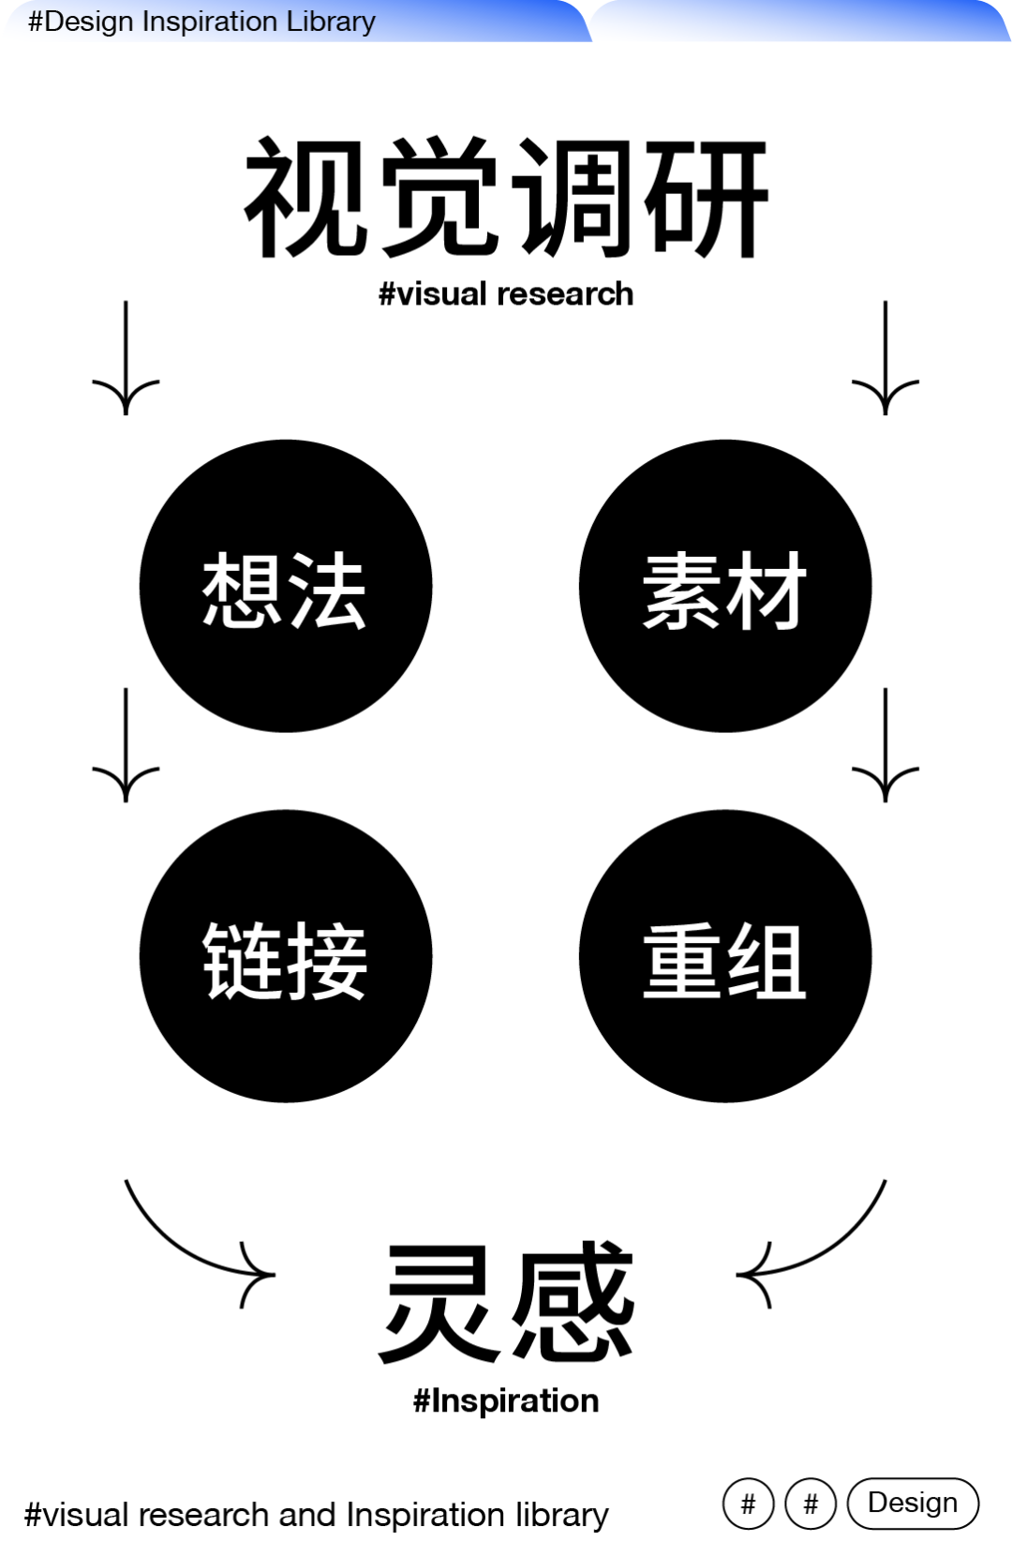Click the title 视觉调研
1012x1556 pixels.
point(506,198)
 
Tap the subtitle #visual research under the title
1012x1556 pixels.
point(506,294)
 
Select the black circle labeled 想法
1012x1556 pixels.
point(286,586)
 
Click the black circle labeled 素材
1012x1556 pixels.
point(725,586)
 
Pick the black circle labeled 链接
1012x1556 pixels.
point(286,956)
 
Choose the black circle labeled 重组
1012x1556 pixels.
point(725,956)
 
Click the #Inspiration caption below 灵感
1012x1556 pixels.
point(506,1400)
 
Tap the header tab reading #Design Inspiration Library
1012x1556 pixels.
point(201,21)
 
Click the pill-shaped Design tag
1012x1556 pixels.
point(913,1503)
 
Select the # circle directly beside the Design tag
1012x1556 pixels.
point(811,1504)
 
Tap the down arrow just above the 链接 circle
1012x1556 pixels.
point(126,746)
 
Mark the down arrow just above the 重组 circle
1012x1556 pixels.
point(885,746)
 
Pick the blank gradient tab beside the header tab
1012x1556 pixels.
point(801,21)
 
